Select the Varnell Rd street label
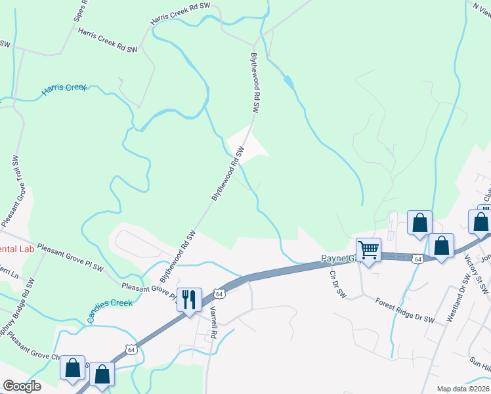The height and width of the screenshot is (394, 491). coord(213,324)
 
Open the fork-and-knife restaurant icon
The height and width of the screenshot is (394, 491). coord(188,300)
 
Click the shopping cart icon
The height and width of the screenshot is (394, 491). coord(368,249)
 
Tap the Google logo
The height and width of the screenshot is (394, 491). coord(22,386)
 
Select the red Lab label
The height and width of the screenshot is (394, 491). coord(16,249)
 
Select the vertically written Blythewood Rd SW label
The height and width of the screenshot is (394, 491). coord(255,85)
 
